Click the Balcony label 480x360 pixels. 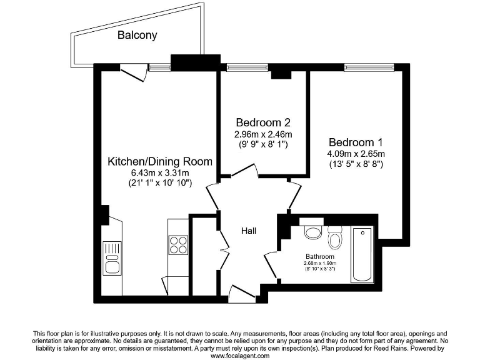[x=137, y=36]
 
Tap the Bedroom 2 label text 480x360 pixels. [x=262, y=122]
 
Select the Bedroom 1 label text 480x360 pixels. [x=356, y=142]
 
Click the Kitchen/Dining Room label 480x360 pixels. [x=160, y=161]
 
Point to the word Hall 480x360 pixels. [x=249, y=231]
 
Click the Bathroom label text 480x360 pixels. [x=319, y=257]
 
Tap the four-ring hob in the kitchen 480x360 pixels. [x=177, y=244]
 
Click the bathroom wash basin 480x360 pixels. [x=312, y=232]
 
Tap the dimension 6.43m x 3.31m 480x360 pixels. [x=160, y=172]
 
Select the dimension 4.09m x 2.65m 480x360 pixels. [x=356, y=154]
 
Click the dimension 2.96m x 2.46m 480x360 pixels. [x=262, y=134]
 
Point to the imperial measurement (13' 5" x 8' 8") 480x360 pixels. [x=356, y=164]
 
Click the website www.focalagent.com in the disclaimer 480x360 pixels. [x=240, y=356]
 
